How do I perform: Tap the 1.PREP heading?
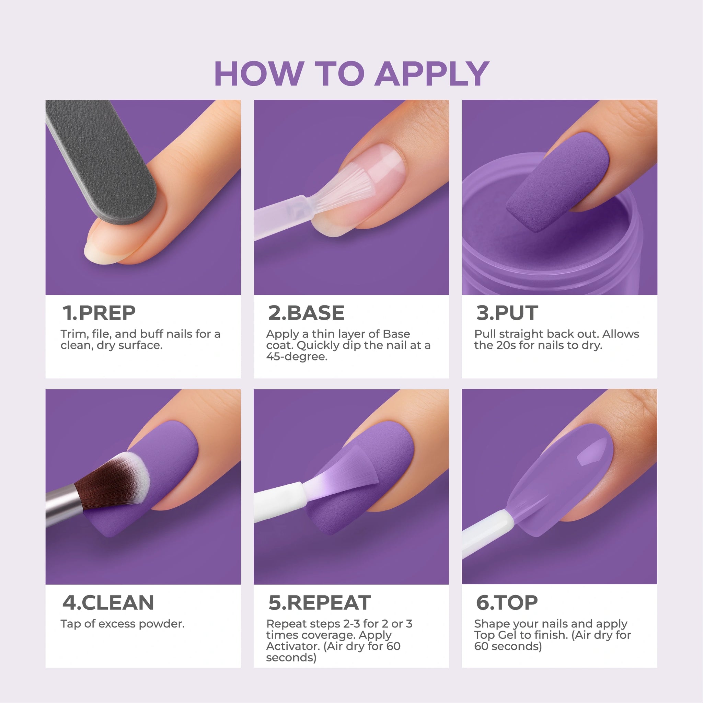coord(99,313)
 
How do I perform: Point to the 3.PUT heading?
coord(507,313)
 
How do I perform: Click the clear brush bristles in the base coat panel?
coord(344,189)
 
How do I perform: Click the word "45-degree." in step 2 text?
coord(297,357)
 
